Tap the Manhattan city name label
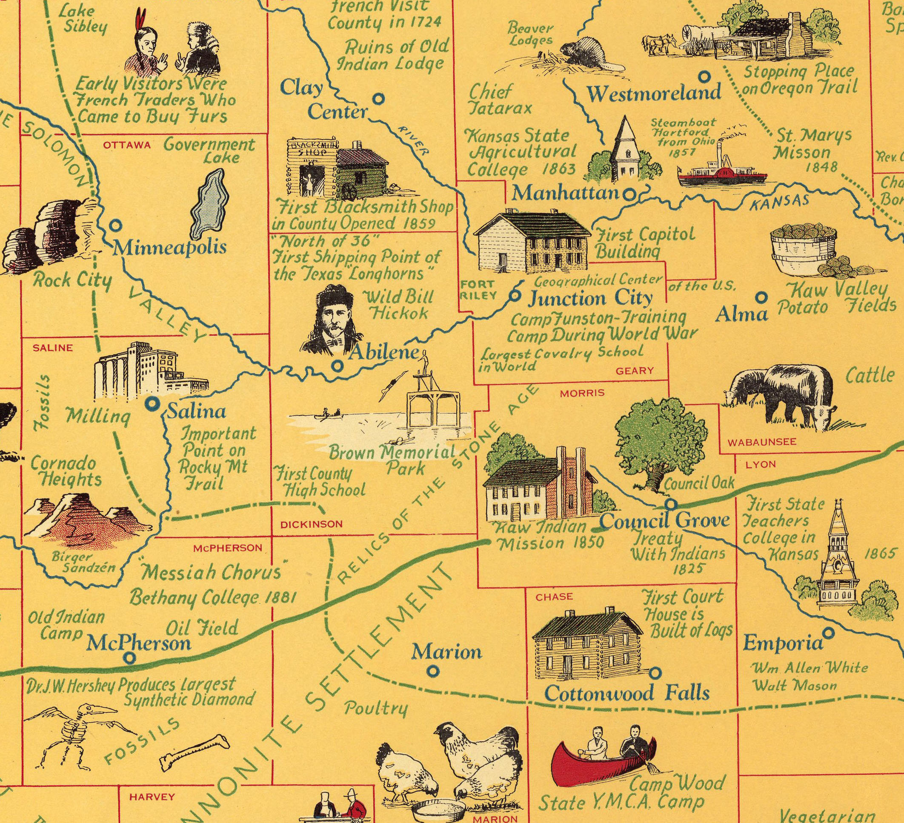point(566,194)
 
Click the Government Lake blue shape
point(209,204)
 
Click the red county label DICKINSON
point(311,524)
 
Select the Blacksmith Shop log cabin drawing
point(334,169)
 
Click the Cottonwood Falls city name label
point(627,694)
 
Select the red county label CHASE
point(554,597)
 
